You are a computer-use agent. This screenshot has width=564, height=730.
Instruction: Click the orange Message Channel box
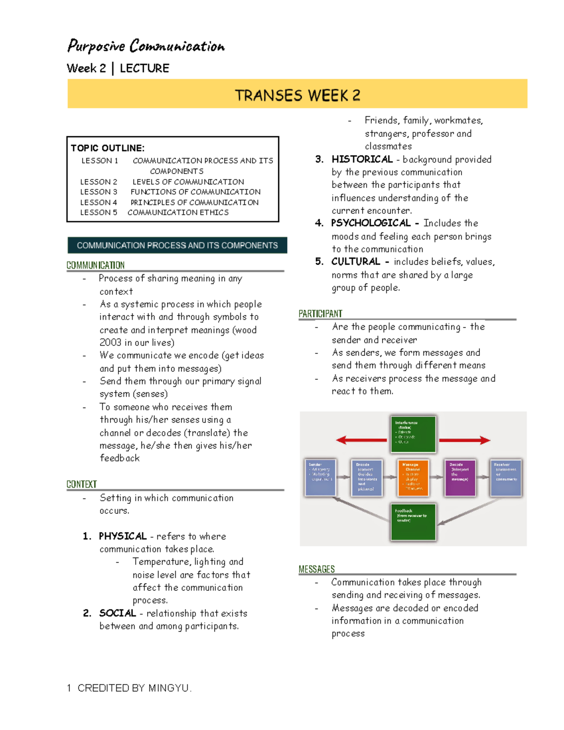413,478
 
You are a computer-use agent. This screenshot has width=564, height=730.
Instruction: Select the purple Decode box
460,478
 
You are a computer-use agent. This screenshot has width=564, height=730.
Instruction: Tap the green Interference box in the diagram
413,434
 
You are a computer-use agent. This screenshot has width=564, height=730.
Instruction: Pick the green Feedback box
413,521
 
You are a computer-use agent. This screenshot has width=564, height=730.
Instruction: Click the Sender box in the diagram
320,478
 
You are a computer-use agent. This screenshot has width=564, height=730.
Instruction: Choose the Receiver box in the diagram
505,478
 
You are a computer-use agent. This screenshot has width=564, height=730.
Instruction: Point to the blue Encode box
367,478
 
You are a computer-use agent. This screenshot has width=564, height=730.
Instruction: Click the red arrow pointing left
361,440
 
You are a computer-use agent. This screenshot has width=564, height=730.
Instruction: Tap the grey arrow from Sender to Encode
343,477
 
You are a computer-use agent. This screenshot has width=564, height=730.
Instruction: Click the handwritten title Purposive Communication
146,46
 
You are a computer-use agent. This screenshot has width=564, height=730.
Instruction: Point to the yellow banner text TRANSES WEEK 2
297,95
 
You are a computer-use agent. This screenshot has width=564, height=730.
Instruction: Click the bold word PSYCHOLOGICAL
371,223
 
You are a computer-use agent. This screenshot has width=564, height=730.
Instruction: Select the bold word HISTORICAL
362,159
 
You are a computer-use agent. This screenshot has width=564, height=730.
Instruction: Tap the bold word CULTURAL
355,261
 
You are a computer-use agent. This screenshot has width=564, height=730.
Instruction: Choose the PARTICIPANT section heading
321,314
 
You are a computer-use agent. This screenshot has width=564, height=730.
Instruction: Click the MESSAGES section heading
317,569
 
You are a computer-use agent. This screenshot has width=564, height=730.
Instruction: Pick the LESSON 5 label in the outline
98,212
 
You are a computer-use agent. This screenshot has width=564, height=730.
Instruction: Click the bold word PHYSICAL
123,536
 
